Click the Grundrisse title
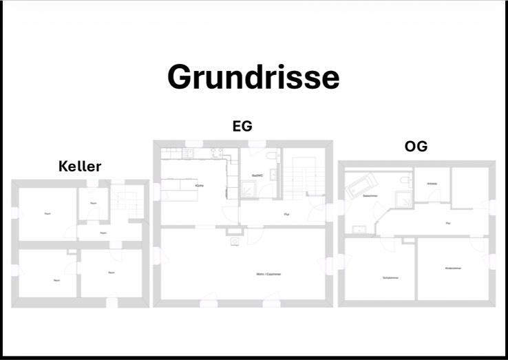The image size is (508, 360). (x=253, y=77)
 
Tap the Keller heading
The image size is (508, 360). (x=80, y=167)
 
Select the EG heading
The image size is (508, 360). (x=242, y=126)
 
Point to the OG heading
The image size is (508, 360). (x=416, y=147)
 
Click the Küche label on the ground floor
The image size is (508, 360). (x=198, y=187)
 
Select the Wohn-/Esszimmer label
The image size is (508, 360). (x=269, y=274)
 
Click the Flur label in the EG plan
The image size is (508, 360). (x=286, y=215)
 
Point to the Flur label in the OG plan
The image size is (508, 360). (x=448, y=223)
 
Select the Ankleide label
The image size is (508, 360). (x=432, y=184)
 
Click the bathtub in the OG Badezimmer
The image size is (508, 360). (x=362, y=184)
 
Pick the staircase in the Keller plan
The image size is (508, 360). (x=124, y=202)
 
